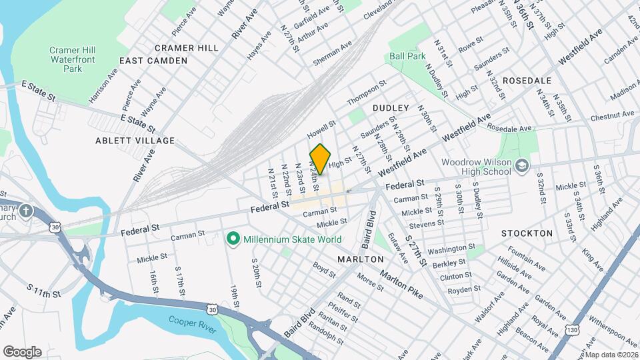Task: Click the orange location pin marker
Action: tap(320, 159)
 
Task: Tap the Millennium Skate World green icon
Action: tap(233, 239)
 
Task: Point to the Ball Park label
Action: tap(407, 57)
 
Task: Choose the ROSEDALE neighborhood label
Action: tap(527, 80)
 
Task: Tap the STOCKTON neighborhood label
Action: tap(527, 233)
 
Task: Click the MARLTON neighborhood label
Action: tap(361, 259)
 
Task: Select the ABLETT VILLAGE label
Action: tap(135, 141)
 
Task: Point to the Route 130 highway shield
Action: tap(571, 329)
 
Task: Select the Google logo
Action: tap(22, 351)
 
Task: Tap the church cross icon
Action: tap(25, 211)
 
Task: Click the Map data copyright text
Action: tap(610, 354)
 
